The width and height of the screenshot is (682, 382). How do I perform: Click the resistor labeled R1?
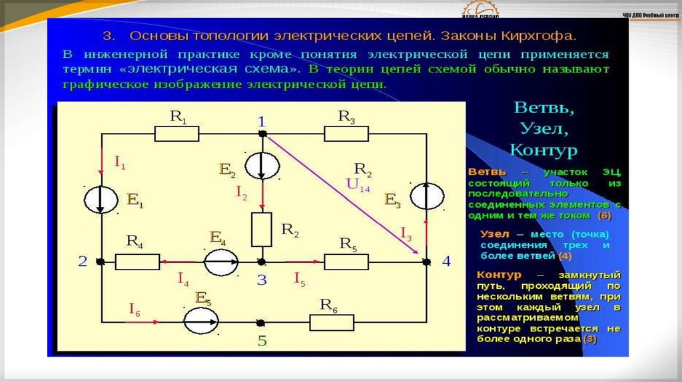[176, 134]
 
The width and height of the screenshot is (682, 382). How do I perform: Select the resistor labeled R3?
[346, 134]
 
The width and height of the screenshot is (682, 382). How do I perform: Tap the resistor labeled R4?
[137, 262]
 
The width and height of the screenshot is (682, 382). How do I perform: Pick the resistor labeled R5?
[346, 262]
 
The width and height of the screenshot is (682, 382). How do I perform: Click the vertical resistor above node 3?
[262, 229]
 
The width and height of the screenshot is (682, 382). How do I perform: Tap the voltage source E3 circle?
[426, 197]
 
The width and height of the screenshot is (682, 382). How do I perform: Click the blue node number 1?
[262, 121]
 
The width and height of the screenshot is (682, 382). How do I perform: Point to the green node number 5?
[262, 341]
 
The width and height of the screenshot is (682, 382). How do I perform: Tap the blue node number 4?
[446, 262]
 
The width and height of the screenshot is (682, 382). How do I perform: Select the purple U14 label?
[358, 185]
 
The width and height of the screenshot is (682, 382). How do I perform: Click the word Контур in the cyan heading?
[543, 149]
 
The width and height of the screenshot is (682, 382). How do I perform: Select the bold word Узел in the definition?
[494, 234]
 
